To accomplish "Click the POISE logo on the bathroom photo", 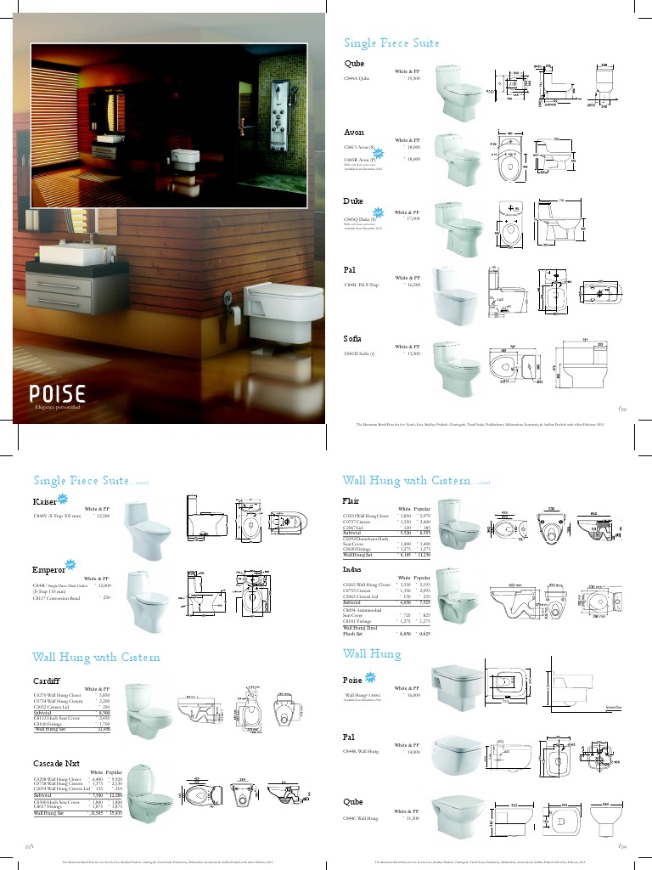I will (x=58, y=394).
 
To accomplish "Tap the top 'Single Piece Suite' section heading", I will (x=391, y=43).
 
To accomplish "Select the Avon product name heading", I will (x=354, y=133).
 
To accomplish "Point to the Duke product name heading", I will (x=353, y=201).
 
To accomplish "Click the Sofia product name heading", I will (x=353, y=339).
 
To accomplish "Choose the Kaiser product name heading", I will (x=44, y=501).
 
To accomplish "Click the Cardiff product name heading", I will (x=47, y=681).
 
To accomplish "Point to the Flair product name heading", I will (x=351, y=500).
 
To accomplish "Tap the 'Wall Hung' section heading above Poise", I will (x=371, y=653).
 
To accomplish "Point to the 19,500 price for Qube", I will (x=414, y=78).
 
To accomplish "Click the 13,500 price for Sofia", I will (x=413, y=353).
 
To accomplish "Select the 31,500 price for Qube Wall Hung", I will (x=413, y=818).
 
